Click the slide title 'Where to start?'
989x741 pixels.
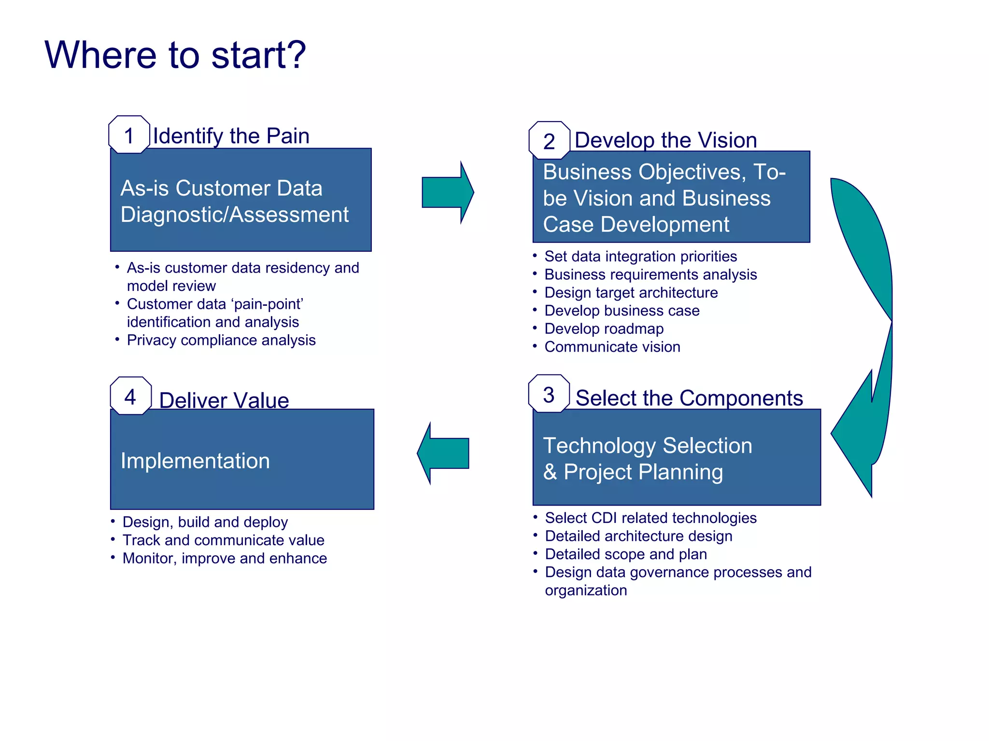pyautogui.click(x=175, y=55)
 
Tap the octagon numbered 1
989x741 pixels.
pyautogui.click(x=129, y=135)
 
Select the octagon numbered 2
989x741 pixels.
pyautogui.click(x=549, y=141)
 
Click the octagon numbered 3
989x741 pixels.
pyautogui.click(x=549, y=394)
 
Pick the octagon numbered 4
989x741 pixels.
pyautogui.click(x=130, y=396)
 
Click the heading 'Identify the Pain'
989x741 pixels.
pyautogui.click(x=231, y=136)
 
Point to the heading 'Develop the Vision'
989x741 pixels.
pyautogui.click(x=665, y=140)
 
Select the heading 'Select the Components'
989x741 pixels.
pyautogui.click(x=689, y=398)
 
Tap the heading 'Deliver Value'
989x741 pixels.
pyautogui.click(x=224, y=400)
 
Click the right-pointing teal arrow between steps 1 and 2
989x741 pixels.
pyautogui.click(x=447, y=192)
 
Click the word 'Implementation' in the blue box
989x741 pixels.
pyautogui.click(x=195, y=461)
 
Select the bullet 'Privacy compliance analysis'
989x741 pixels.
pyautogui.click(x=221, y=340)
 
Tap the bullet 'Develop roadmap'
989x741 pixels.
pyautogui.click(x=604, y=329)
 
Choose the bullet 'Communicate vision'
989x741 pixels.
pyautogui.click(x=612, y=347)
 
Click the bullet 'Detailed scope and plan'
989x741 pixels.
pyautogui.click(x=626, y=554)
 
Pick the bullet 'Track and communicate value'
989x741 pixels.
pyautogui.click(x=223, y=540)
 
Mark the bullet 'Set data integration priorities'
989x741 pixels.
pyautogui.click(x=640, y=256)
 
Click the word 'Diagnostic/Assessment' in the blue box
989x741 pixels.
pyautogui.click(x=234, y=215)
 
